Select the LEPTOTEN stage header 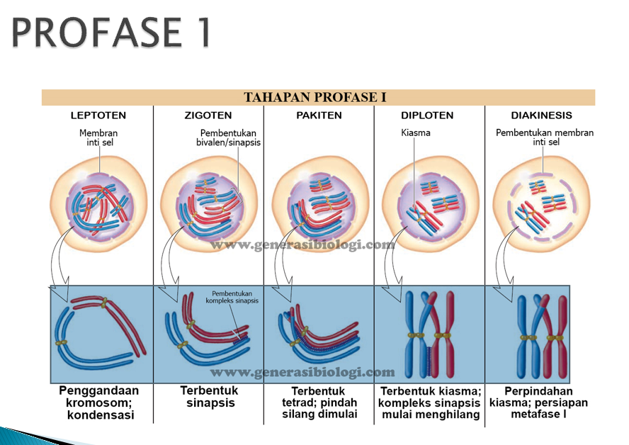[x=98, y=116]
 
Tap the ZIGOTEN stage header [x=208, y=116]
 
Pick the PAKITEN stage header [x=319, y=116]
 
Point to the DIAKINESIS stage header [x=541, y=116]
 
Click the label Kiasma [x=416, y=133]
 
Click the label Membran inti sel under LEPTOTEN [x=98, y=137]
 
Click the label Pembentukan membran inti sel [x=545, y=137]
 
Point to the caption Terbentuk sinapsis [x=209, y=397]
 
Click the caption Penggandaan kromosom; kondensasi [x=99, y=402]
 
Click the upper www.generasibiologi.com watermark [x=302, y=245]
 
